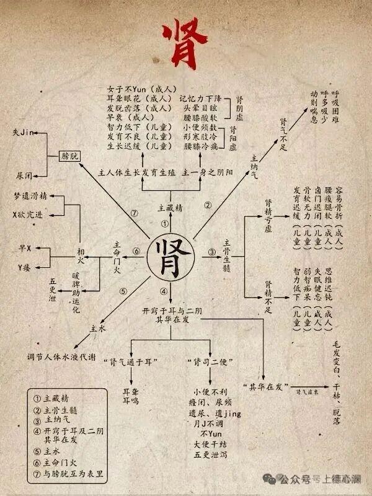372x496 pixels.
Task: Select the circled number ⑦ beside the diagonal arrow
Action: (x=133, y=213)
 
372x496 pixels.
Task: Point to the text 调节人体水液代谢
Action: (x=61, y=358)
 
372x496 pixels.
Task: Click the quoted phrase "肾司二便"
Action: (x=208, y=360)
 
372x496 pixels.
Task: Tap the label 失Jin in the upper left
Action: (x=23, y=132)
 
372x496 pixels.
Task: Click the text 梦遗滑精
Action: (x=30, y=196)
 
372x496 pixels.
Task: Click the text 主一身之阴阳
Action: (x=208, y=172)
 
